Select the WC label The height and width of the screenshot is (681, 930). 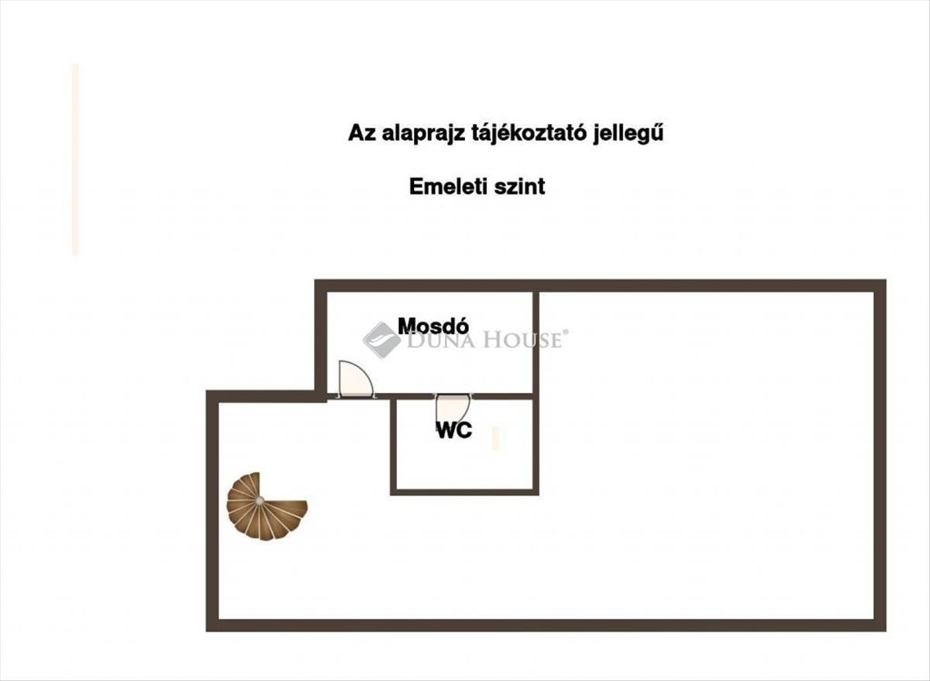pyautogui.click(x=454, y=431)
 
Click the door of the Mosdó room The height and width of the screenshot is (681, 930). pyautogui.click(x=356, y=380)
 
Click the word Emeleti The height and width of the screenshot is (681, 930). pyautogui.click(x=447, y=187)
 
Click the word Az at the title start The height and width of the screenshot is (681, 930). pyautogui.click(x=359, y=134)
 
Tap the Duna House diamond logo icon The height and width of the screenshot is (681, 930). pyautogui.click(x=381, y=339)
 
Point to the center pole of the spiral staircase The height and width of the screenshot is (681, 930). pyautogui.click(x=259, y=500)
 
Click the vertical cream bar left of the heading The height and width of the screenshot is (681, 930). pyautogui.click(x=75, y=160)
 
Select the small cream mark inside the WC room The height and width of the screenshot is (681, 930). pyautogui.click(x=496, y=439)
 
